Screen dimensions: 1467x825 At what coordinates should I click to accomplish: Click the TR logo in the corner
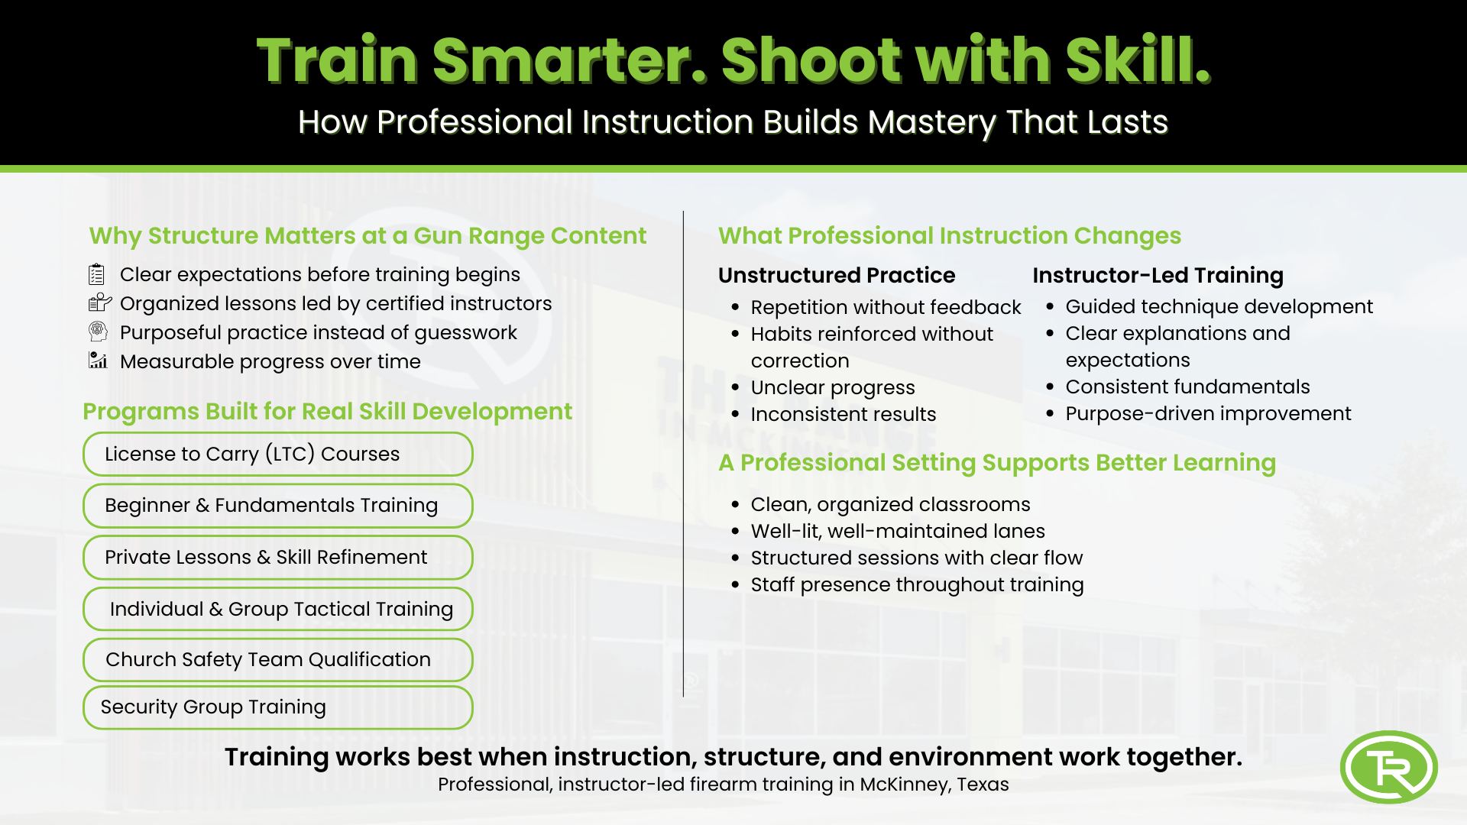tap(1388, 767)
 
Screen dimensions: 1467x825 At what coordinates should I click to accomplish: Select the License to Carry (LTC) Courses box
tap(278, 454)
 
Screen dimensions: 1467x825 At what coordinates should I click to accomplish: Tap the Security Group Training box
tap(278, 707)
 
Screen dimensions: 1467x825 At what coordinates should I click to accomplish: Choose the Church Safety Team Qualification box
tap(278, 659)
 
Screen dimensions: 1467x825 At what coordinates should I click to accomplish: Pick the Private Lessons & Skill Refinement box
tap(278, 557)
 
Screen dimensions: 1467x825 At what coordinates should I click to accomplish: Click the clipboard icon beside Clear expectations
tap(97, 274)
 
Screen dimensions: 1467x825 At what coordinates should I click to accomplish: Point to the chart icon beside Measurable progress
tap(98, 361)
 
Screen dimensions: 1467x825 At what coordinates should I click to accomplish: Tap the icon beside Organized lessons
tap(100, 302)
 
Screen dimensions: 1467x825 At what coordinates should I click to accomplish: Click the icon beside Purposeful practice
tap(98, 332)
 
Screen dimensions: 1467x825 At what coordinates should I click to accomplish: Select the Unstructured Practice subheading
tap(837, 275)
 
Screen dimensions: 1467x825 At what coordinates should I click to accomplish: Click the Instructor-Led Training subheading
tap(1158, 275)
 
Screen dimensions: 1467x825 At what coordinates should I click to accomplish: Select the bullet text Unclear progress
tap(833, 387)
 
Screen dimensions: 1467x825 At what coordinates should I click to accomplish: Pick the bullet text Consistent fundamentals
tap(1188, 387)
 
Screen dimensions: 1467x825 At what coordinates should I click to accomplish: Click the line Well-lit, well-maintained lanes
tap(898, 531)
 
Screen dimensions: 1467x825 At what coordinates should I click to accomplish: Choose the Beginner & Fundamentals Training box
tap(278, 506)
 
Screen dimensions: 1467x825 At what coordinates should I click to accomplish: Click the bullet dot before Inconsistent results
tap(735, 415)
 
